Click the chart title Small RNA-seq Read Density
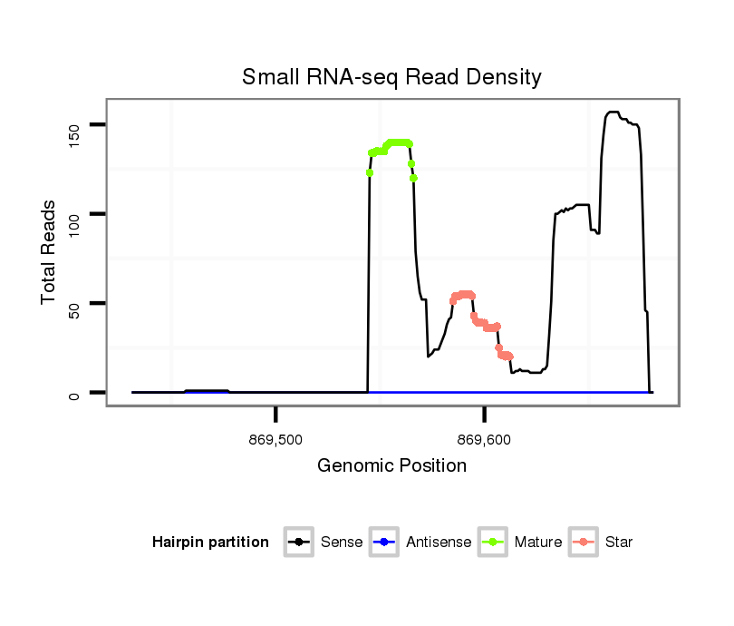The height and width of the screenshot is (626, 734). pyautogui.click(x=391, y=77)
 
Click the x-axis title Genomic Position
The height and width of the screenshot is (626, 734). pyautogui.click(x=391, y=466)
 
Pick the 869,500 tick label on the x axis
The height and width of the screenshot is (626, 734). pyautogui.click(x=275, y=441)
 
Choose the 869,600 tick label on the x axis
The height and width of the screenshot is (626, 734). pyautogui.click(x=485, y=441)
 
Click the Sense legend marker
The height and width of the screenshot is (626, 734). pyautogui.click(x=299, y=543)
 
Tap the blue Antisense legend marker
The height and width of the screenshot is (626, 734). pyautogui.click(x=384, y=543)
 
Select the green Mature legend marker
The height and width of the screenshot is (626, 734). pyautogui.click(x=494, y=543)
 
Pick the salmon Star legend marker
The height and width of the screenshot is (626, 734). pyautogui.click(x=584, y=543)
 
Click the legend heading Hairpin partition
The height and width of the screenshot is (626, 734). pyautogui.click(x=210, y=543)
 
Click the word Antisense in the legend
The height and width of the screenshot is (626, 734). pyautogui.click(x=439, y=543)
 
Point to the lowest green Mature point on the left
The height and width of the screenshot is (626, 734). pyautogui.click(x=370, y=172)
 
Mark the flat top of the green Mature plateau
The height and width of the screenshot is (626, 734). pyautogui.click(x=399, y=142)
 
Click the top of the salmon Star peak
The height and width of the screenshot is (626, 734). pyautogui.click(x=465, y=294)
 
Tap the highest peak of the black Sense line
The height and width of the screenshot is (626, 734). pyautogui.click(x=613, y=112)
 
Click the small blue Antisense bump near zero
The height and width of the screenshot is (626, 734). pyautogui.click(x=207, y=391)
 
